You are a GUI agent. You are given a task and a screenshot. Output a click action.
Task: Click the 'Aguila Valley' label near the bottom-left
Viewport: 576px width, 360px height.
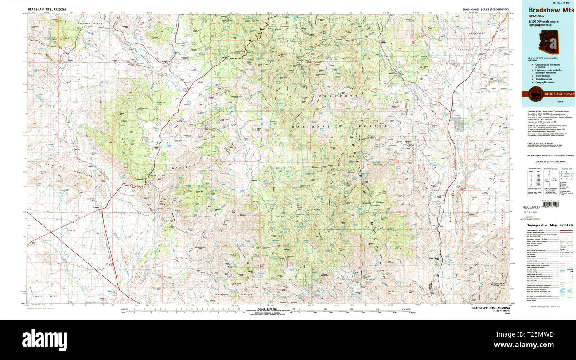pyautogui.click(x=43, y=295)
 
